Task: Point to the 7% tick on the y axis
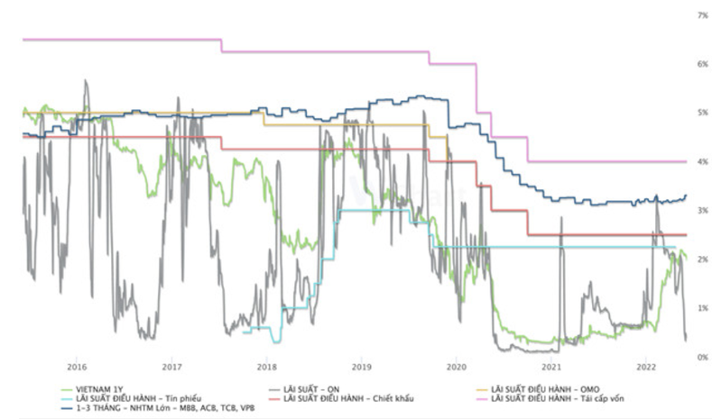[x=701, y=16]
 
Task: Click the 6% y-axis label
[x=701, y=65]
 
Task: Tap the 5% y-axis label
[x=701, y=114]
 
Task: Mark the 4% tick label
[x=701, y=162]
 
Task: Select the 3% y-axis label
[x=701, y=211]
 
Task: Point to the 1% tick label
[x=701, y=309]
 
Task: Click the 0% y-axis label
[x=701, y=358]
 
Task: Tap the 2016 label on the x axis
[x=77, y=368]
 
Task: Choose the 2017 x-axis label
[x=171, y=368]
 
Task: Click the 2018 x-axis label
[x=266, y=368]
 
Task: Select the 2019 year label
[x=361, y=368]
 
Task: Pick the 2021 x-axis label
[x=551, y=368]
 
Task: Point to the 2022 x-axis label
[x=645, y=368]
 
